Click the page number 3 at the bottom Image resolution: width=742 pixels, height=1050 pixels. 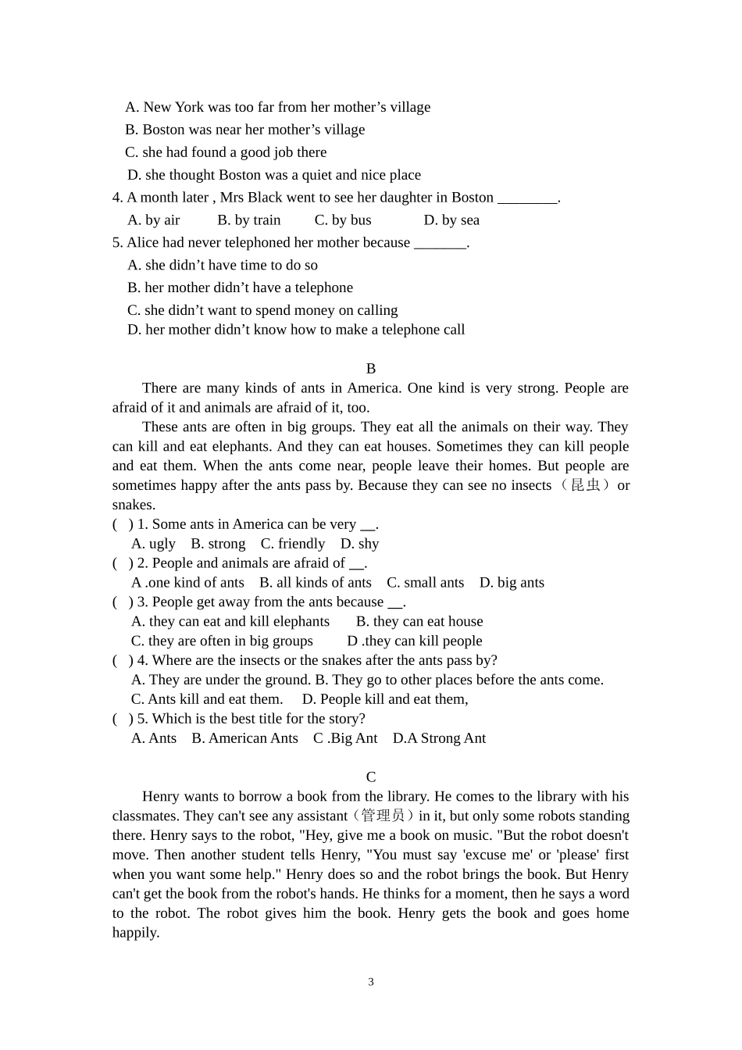pyautogui.click(x=371, y=982)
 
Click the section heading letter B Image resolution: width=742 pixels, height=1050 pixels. pyautogui.click(x=371, y=369)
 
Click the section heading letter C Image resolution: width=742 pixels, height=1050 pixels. pyautogui.click(x=371, y=777)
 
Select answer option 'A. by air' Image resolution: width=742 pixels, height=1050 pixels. pyautogui.click(x=154, y=220)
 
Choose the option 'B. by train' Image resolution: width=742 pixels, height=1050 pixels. pyautogui.click(x=249, y=220)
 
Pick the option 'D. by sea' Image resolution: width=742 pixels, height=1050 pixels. pyautogui.click(x=451, y=220)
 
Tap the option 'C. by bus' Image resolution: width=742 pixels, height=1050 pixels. pyautogui.click(x=343, y=220)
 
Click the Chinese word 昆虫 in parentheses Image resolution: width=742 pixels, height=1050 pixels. pyautogui.click(x=587, y=485)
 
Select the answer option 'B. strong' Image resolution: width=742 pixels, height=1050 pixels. pyautogui.click(x=218, y=544)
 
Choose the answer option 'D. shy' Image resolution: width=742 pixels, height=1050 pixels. pyautogui.click(x=359, y=544)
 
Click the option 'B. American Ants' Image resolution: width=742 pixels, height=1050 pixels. pyautogui.click(x=244, y=738)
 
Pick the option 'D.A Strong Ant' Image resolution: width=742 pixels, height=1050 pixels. pyautogui.click(x=439, y=738)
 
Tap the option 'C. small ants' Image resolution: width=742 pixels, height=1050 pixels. pyautogui.click(x=425, y=583)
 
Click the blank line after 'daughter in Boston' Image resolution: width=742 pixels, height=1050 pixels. pyautogui.click(x=527, y=198)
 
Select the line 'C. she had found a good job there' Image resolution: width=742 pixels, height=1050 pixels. pyautogui.click(x=226, y=152)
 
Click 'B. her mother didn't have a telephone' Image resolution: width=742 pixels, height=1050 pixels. pyautogui.click(x=240, y=287)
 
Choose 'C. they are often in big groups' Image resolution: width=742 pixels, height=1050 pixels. pyautogui.click(x=222, y=641)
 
